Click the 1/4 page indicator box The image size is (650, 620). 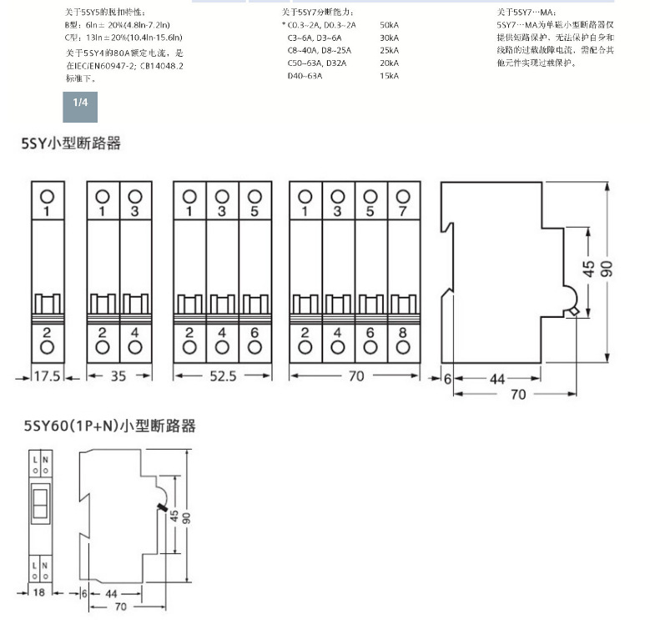[x=80, y=103]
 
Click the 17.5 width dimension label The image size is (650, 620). [x=48, y=376]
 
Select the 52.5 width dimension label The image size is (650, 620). [x=222, y=376]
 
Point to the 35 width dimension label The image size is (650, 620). [x=118, y=376]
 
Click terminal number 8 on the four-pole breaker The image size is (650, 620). [x=403, y=333]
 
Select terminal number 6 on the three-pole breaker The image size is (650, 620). [x=254, y=333]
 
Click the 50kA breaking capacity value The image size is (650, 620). [x=388, y=26]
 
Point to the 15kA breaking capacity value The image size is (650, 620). [x=388, y=76]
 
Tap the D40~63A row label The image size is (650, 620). [x=305, y=76]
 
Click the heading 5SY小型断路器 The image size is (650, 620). [x=71, y=144]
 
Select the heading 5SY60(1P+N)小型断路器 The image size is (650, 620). [x=109, y=426]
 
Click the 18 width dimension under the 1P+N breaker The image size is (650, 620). [x=38, y=592]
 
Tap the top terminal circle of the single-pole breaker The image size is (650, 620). [x=48, y=195]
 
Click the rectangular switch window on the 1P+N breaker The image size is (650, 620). [x=38, y=501]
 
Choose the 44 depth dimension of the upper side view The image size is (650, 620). [x=497, y=379]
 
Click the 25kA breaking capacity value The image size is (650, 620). [x=388, y=51]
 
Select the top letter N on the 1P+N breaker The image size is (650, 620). [x=44, y=460]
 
